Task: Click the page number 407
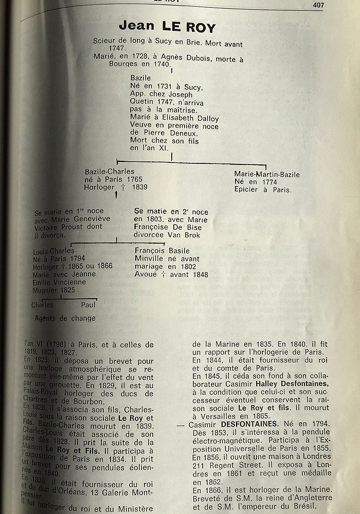(319, 6)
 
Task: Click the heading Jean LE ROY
(167, 27)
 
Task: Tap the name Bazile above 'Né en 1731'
(140, 78)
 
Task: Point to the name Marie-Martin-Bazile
(266, 174)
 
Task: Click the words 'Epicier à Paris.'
(262, 190)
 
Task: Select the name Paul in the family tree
(88, 305)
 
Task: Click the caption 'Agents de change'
(65, 318)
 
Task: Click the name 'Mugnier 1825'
(53, 290)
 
